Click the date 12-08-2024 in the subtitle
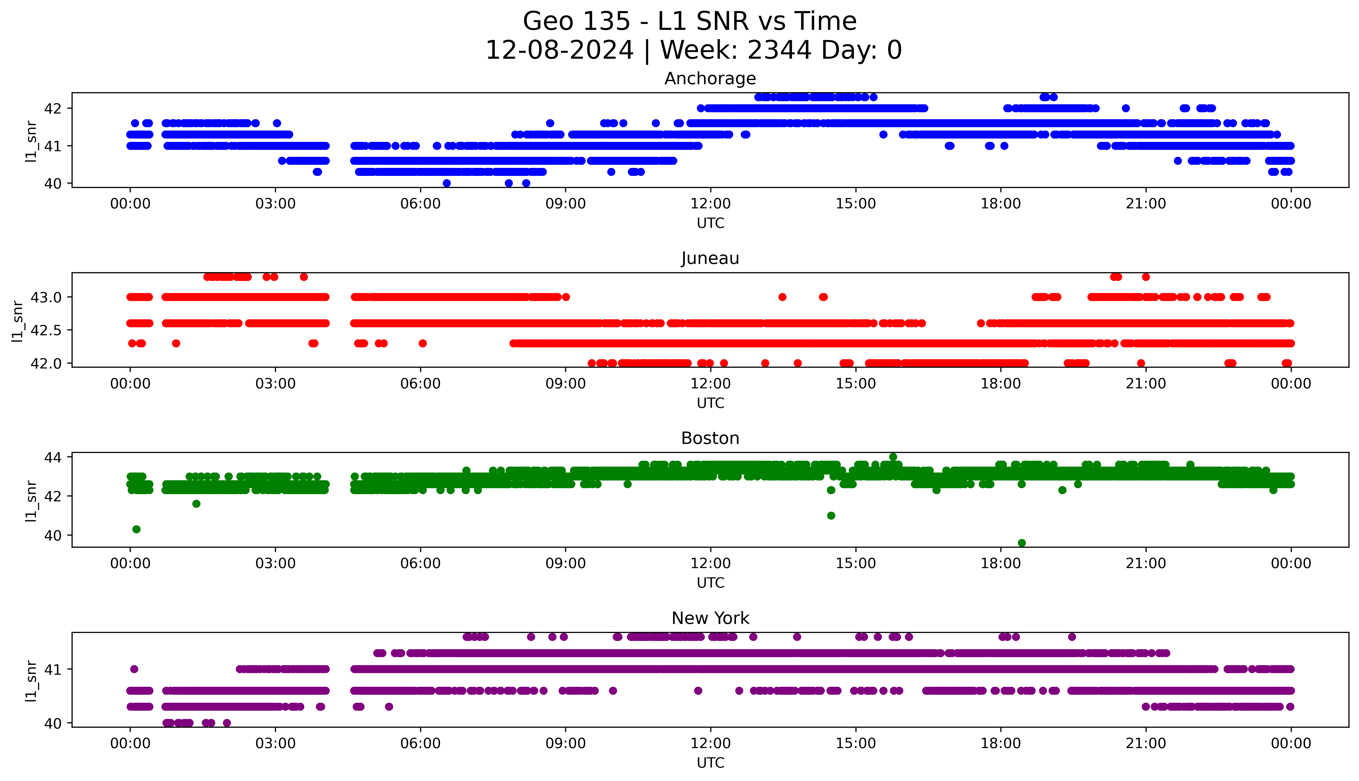click(x=559, y=50)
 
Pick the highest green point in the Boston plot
click(x=893, y=457)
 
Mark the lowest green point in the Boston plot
click(x=1022, y=543)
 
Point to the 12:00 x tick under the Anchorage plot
click(x=710, y=204)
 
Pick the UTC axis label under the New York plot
click(x=710, y=763)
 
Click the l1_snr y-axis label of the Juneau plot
click(x=18, y=321)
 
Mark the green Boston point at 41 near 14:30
click(x=831, y=516)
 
